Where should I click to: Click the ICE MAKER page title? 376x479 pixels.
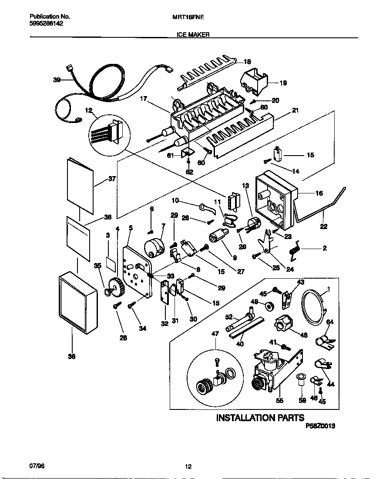(193, 34)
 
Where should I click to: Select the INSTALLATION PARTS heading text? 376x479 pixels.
(260, 418)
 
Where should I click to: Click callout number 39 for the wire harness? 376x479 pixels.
(57, 80)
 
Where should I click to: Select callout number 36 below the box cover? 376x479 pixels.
(72, 356)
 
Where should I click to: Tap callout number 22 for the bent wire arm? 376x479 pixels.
(323, 226)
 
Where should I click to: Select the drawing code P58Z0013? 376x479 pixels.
(320, 427)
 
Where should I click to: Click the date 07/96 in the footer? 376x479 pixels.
(37, 466)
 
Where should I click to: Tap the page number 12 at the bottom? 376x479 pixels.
(188, 467)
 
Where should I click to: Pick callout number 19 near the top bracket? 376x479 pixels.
(283, 83)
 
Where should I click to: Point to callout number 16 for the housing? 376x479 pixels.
(319, 193)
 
